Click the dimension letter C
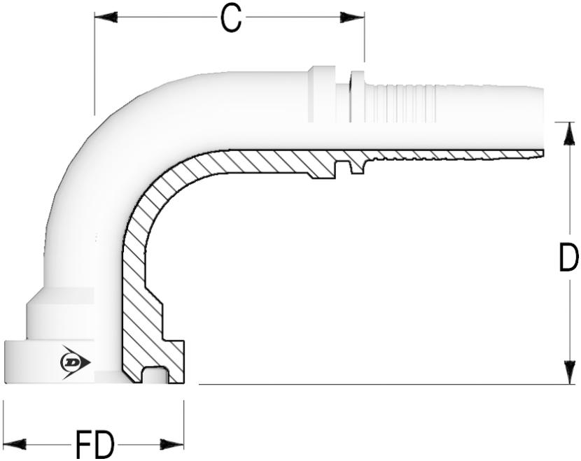click(231, 18)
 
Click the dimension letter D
click(568, 257)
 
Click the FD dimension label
click(94, 444)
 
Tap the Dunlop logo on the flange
click(75, 362)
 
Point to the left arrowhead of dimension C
click(106, 17)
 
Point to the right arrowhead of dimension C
click(352, 17)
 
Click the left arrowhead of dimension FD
click(15, 444)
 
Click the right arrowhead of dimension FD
click(172, 444)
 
